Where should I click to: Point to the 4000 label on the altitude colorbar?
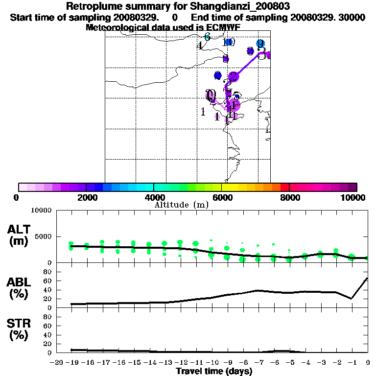pyautogui.click(x=154, y=197)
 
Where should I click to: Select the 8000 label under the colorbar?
pyautogui.click(x=289, y=197)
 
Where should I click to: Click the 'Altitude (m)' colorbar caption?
pyautogui.click(x=181, y=205)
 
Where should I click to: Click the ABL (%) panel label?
pyautogui.click(x=19, y=288)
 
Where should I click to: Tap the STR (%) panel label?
pyautogui.click(x=19, y=329)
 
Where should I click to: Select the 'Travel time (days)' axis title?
pyautogui.click(x=214, y=371)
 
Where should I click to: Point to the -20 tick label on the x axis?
pyautogui.click(x=57, y=363)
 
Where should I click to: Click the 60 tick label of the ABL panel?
pyautogui.click(x=47, y=281)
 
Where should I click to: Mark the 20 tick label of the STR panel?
pyautogui.click(x=47, y=344)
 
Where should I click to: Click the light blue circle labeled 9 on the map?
pyautogui.click(x=260, y=44)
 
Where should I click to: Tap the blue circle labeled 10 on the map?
pyautogui.click(x=228, y=42)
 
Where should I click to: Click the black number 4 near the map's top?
pyautogui.click(x=200, y=46)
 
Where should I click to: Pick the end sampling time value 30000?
pyautogui.click(x=352, y=17)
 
